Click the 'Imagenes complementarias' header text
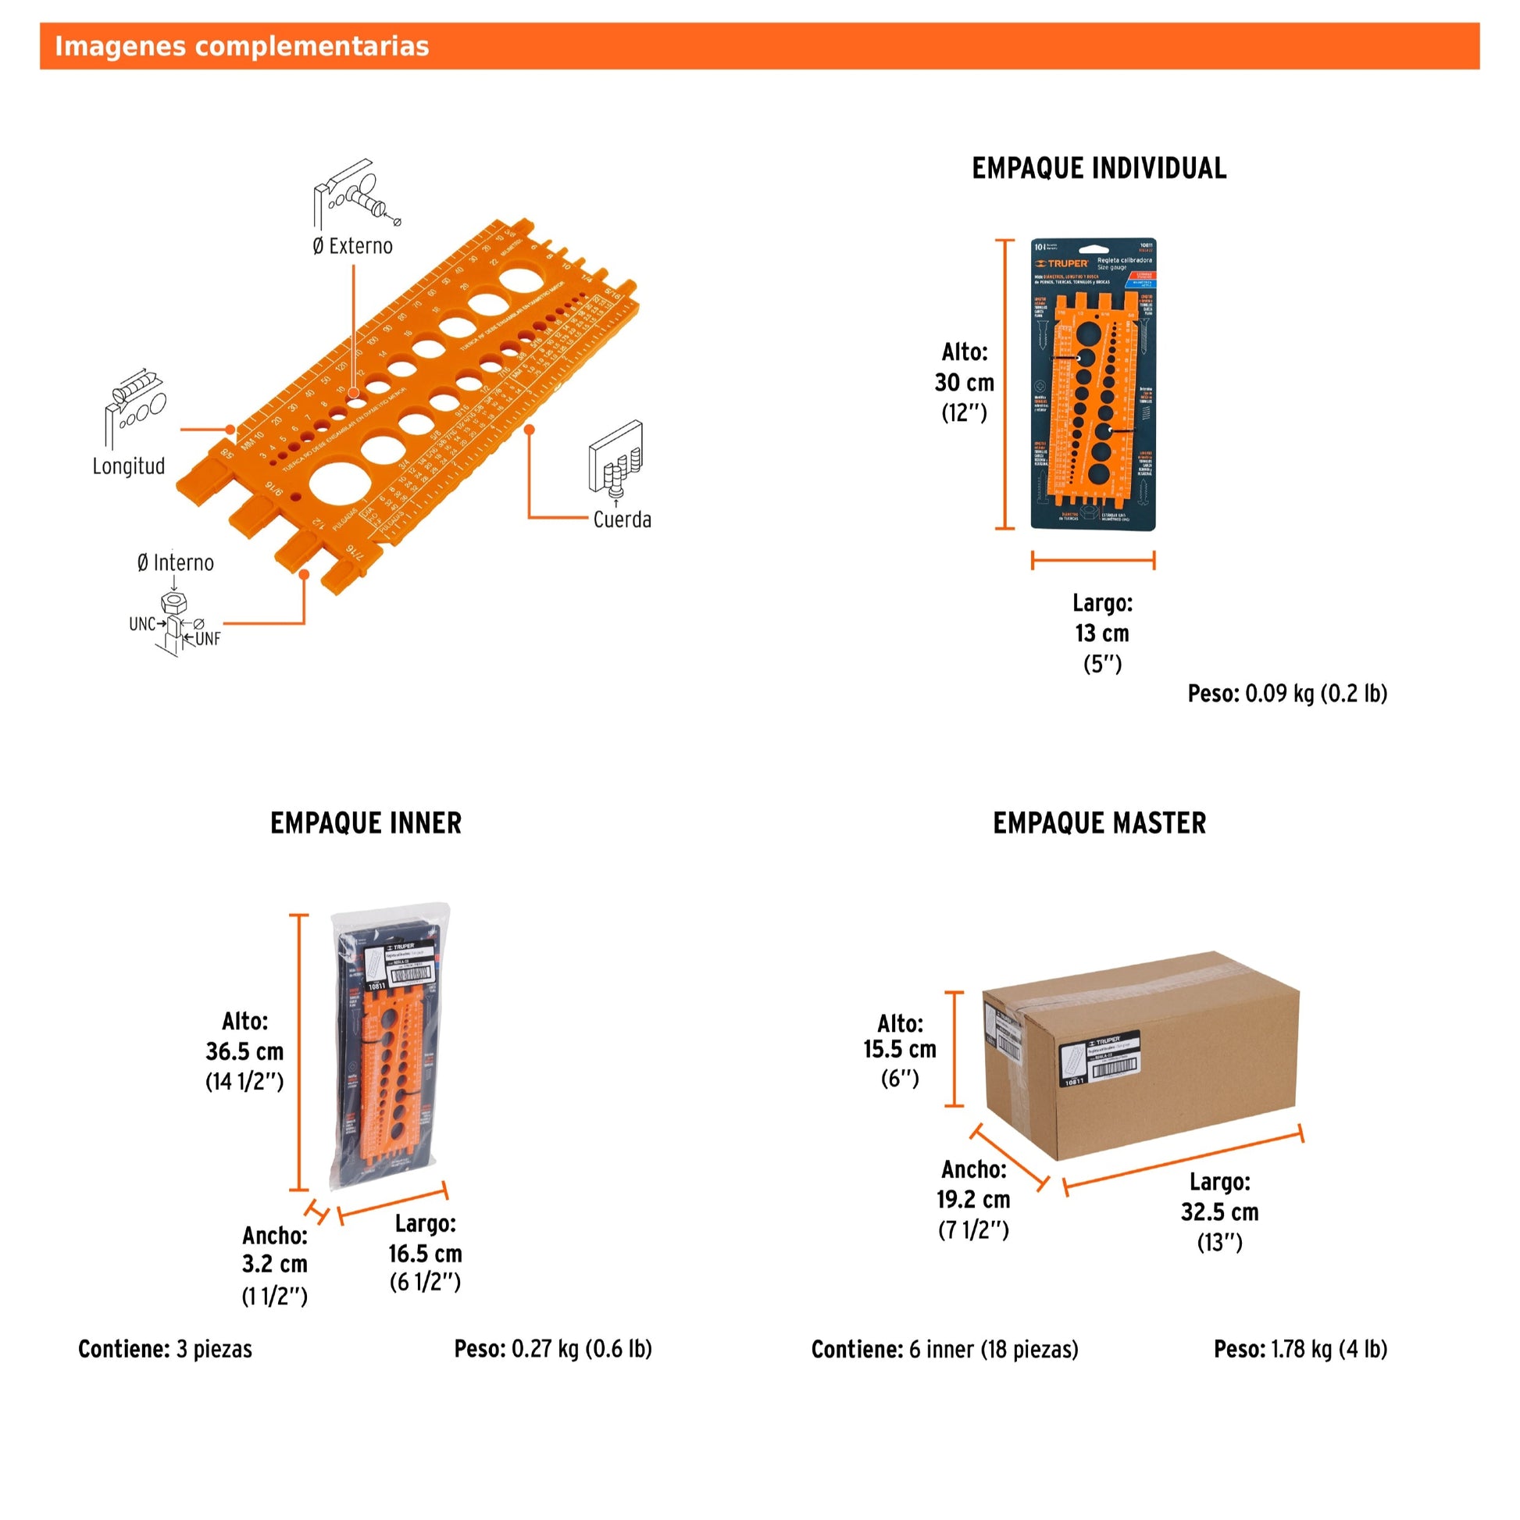[x=241, y=46]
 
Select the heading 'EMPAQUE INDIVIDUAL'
[x=1098, y=169]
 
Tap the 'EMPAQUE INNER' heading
[x=366, y=823]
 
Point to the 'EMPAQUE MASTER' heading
[x=1098, y=823]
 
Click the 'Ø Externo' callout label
[x=352, y=246]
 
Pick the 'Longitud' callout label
[x=129, y=466]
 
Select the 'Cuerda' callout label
[x=622, y=519]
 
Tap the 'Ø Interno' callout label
[x=176, y=562]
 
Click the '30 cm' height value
[x=964, y=383]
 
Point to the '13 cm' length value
[x=1101, y=633]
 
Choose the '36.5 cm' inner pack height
[x=244, y=1051]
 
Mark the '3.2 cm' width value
[x=274, y=1264]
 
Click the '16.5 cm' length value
[x=425, y=1254]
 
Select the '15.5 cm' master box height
[x=899, y=1049]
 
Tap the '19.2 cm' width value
[x=972, y=1199]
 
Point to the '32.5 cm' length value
[x=1218, y=1211]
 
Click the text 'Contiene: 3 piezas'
[x=166, y=1349]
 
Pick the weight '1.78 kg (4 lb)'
[x=1328, y=1349]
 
